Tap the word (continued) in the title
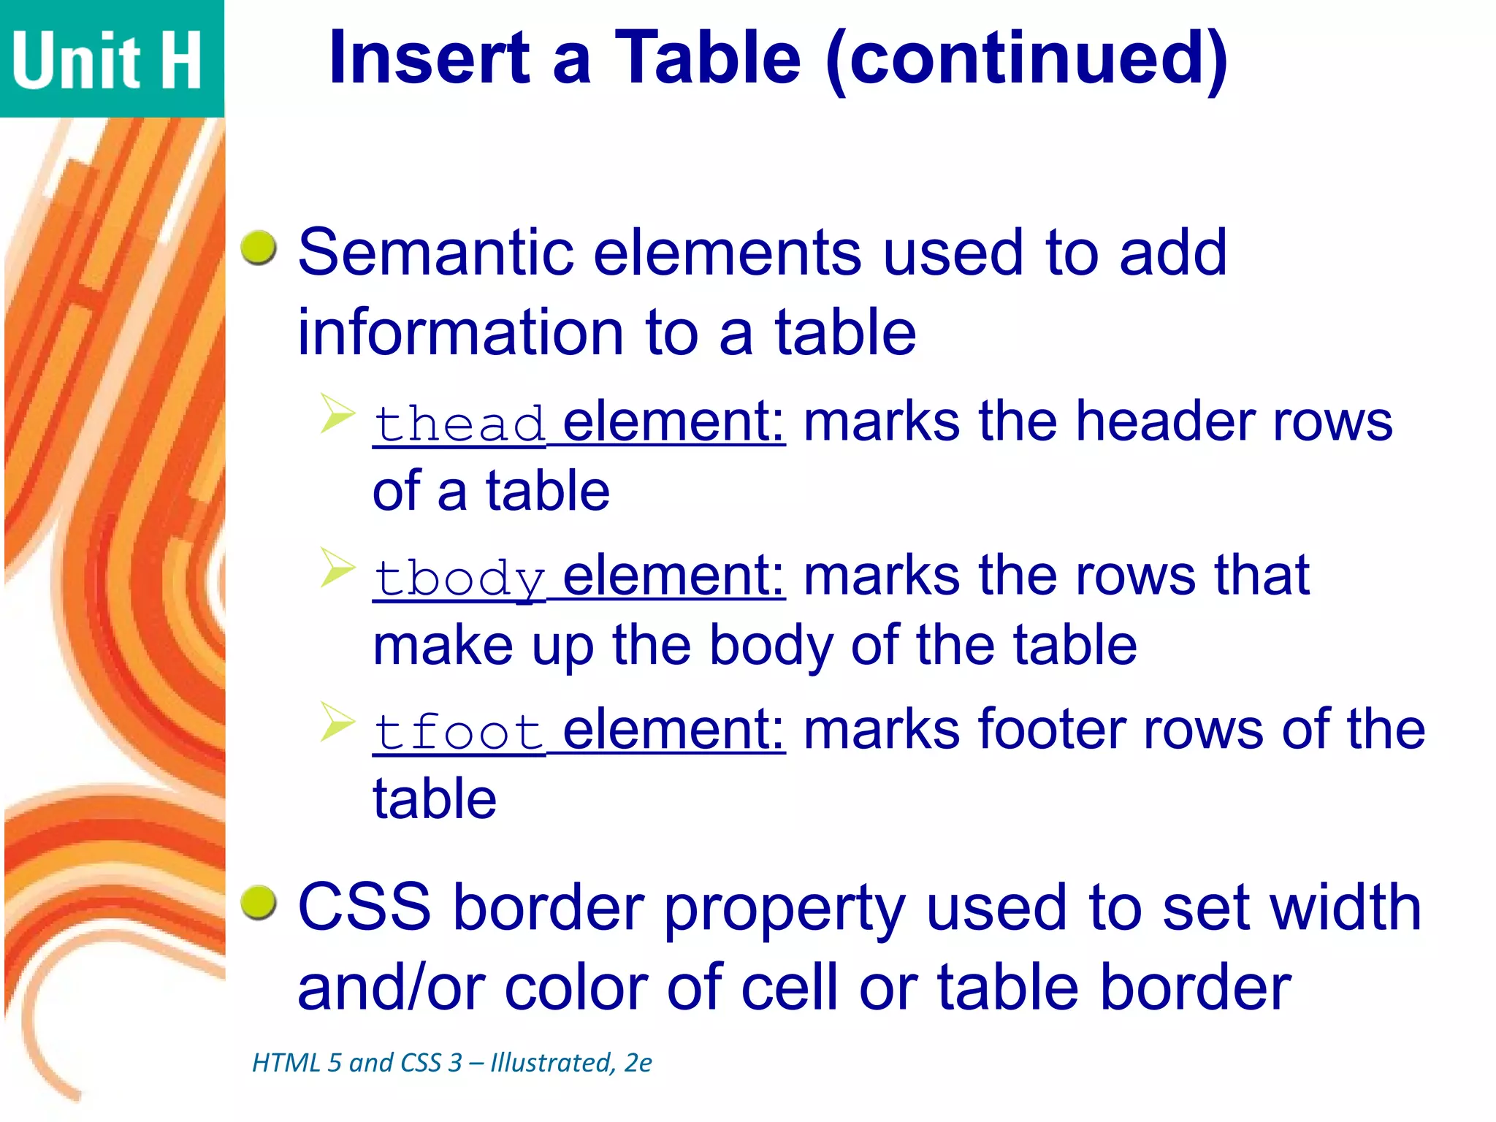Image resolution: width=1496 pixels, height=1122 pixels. pyautogui.click(x=1027, y=60)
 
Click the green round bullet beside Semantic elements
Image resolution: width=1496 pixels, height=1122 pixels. pyautogui.click(x=259, y=248)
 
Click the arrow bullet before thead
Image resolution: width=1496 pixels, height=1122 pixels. pyautogui.click(x=337, y=414)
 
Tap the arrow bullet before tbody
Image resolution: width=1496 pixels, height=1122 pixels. pyautogui.click(x=337, y=568)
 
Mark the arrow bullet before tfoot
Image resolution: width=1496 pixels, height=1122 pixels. pyautogui.click(x=337, y=722)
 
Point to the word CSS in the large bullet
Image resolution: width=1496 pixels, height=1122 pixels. pyautogui.click(x=365, y=907)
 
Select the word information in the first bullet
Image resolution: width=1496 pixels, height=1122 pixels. pyautogui.click(x=461, y=333)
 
